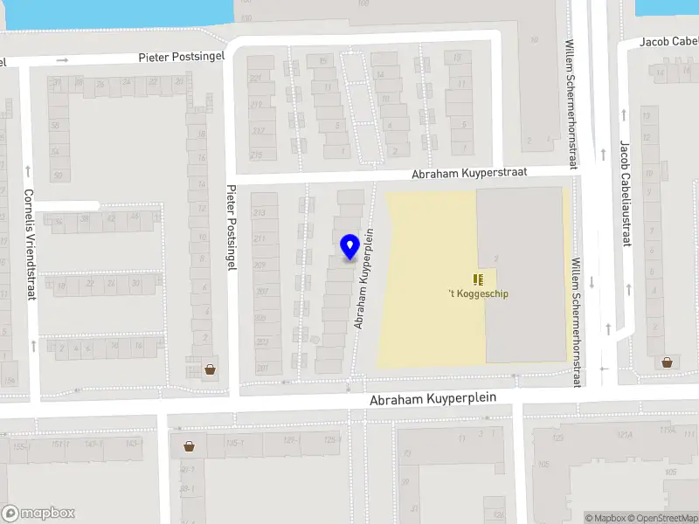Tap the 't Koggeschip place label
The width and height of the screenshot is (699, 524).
[477, 293]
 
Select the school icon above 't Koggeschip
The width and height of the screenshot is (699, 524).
[477, 279]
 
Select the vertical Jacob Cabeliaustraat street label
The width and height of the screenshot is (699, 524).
[625, 193]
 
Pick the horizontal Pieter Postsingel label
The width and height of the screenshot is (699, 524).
[182, 57]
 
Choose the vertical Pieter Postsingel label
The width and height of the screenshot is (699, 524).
[232, 227]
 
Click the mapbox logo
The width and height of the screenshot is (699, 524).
[38, 514]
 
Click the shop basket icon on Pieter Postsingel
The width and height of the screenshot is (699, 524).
[210, 369]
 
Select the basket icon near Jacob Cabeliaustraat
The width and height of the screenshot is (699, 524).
[668, 362]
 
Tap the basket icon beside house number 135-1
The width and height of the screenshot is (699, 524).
[189, 446]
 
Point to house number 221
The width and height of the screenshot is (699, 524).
[256, 79]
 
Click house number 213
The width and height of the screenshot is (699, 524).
[259, 213]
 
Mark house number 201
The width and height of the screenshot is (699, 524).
[262, 369]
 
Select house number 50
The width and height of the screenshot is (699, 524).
[58, 176]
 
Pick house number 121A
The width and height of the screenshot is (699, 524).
[624, 434]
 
